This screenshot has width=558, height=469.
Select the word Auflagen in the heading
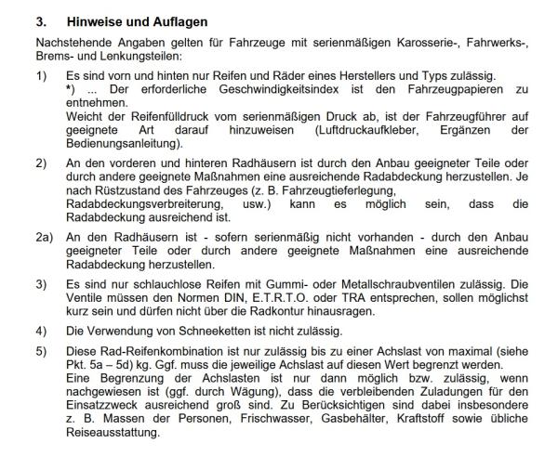(x=178, y=20)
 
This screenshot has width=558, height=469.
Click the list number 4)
(x=42, y=331)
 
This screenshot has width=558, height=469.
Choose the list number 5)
(x=42, y=352)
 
